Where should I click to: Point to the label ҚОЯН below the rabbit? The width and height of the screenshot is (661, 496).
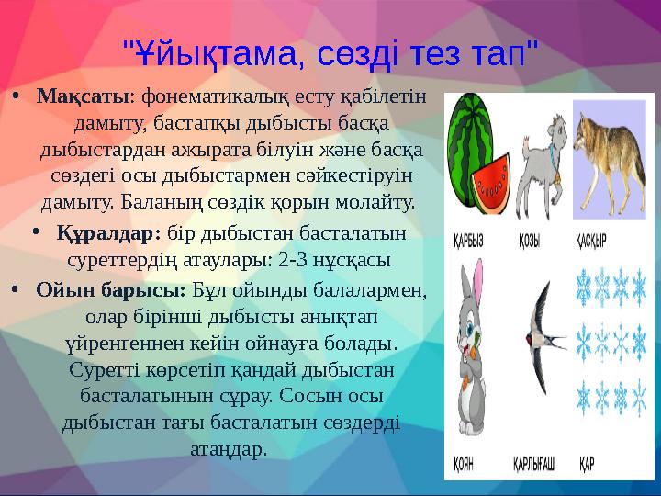[x=464, y=465]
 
